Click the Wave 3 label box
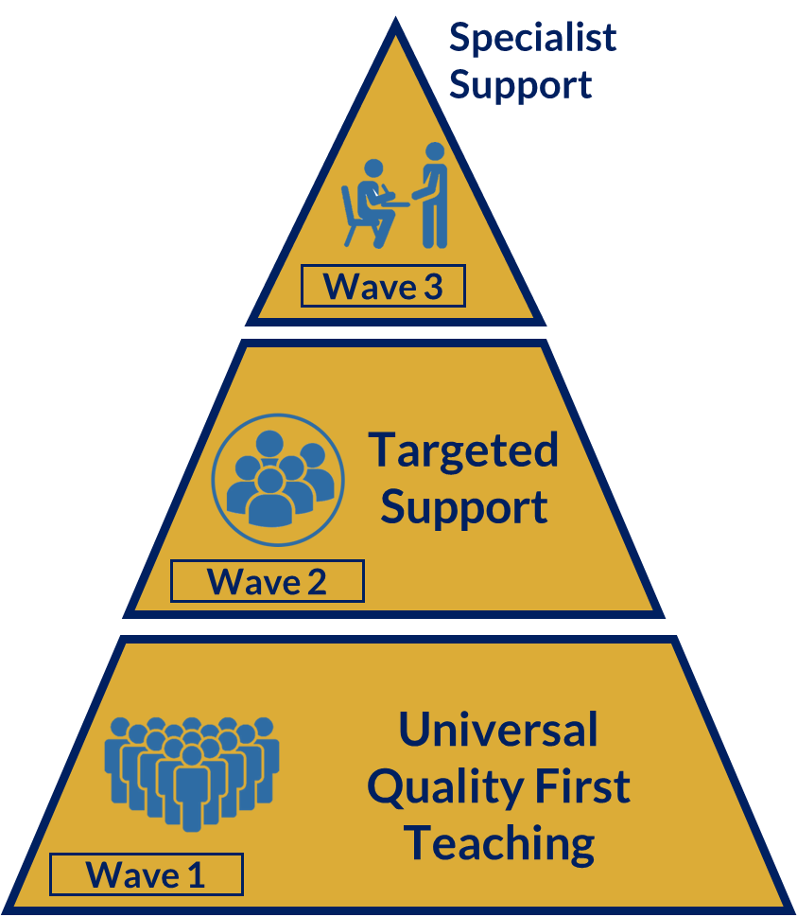pyautogui.click(x=383, y=286)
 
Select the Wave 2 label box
pyautogui.click(x=267, y=581)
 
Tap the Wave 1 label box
pyautogui.click(x=146, y=874)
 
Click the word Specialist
pyautogui.click(x=532, y=38)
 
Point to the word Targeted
pyautogui.click(x=463, y=450)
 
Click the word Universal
pyautogui.click(x=498, y=730)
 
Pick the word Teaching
pyautogui.click(x=499, y=843)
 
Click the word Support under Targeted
pyautogui.click(x=463, y=507)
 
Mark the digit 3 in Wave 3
pyautogui.click(x=432, y=287)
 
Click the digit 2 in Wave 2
pyautogui.click(x=317, y=582)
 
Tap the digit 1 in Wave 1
pyautogui.click(x=196, y=875)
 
